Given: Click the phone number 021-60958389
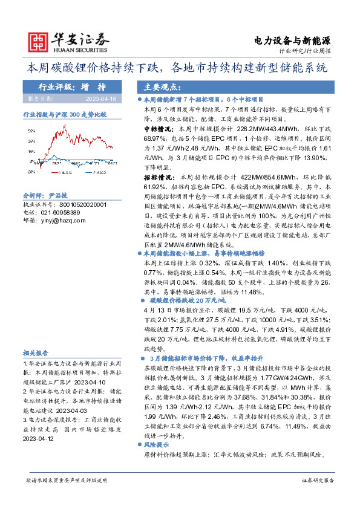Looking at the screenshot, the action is coord(59,213).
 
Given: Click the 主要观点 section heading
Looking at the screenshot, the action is coord(160,86).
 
